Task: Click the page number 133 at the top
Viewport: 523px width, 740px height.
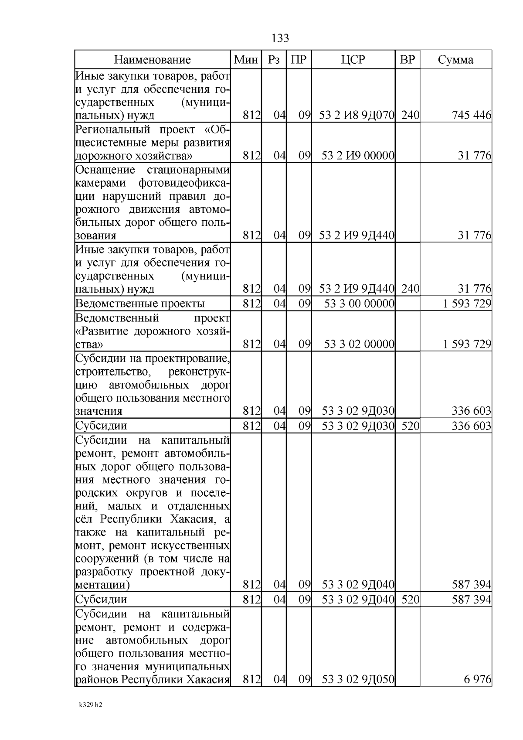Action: coord(280,38)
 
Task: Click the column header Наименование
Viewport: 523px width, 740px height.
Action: coord(153,60)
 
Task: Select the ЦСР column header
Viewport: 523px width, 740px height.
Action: coord(353,60)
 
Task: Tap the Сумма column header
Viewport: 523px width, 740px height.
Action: coord(455,60)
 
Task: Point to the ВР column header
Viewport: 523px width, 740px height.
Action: coord(407,60)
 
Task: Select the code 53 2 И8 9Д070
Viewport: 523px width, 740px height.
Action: coord(357,116)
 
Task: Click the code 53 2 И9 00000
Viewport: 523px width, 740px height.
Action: coord(357,156)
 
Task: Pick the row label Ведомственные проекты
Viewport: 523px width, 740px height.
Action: coord(140,304)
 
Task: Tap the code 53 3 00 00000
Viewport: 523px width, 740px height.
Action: coord(359,304)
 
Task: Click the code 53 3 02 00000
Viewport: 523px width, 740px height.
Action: coord(359,344)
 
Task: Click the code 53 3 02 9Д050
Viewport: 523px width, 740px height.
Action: coord(358,679)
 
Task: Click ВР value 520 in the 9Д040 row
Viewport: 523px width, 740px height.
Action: coord(410,600)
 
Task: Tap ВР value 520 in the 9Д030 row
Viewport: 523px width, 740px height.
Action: coord(410,426)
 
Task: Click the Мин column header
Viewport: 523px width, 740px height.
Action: coord(246,60)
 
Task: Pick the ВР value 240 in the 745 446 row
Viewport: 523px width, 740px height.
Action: coord(410,116)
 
